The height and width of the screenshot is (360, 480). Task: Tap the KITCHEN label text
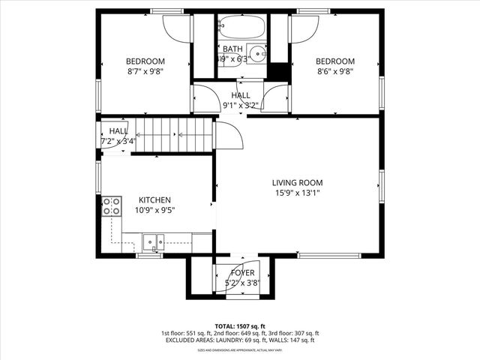click(154, 200)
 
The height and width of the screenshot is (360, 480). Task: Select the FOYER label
click(242, 273)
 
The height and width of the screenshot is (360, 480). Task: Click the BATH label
click(232, 49)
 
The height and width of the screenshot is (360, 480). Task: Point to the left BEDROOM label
click(145, 61)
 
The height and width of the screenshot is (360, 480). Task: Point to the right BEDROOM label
click(334, 61)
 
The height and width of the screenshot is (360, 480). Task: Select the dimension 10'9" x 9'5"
click(154, 211)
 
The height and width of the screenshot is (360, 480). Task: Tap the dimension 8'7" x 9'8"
click(145, 72)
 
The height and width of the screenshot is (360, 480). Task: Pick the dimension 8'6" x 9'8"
click(334, 72)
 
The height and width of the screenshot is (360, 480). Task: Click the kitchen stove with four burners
click(112, 206)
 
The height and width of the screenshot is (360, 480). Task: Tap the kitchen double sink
click(154, 241)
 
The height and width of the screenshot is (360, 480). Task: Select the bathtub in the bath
click(241, 29)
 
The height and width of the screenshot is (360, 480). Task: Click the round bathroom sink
click(257, 53)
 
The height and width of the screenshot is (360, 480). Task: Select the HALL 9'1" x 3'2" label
click(241, 100)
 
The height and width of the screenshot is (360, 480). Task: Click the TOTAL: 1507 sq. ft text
click(239, 326)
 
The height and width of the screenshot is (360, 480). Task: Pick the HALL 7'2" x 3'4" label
click(118, 136)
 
